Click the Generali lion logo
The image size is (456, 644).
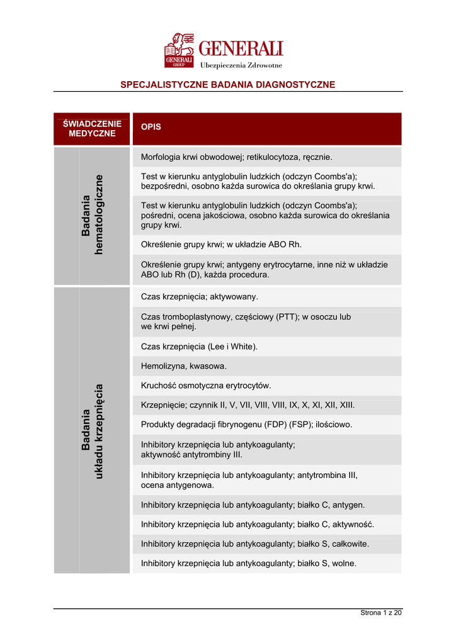tap(179, 50)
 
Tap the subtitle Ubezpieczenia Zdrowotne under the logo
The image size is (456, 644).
tap(241, 65)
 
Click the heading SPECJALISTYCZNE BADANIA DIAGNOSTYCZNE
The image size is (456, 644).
tap(227, 84)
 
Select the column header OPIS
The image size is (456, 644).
tap(151, 126)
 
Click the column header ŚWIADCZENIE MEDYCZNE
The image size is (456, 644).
tap(92, 128)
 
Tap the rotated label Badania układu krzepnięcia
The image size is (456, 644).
tap(92, 431)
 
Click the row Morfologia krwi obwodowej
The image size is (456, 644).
tap(236, 157)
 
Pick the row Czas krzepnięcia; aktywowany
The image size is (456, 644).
tap(200, 296)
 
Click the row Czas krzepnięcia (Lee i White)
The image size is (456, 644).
tap(200, 347)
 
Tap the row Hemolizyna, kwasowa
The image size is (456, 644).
tap(184, 366)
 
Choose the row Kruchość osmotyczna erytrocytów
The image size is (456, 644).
tap(206, 386)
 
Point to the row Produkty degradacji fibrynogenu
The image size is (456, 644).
tap(247, 425)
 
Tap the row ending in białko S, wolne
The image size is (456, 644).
tap(249, 563)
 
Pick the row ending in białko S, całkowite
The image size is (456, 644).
tap(255, 543)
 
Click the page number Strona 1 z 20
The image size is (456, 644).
tap(380, 613)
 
